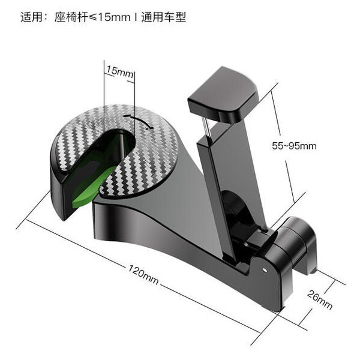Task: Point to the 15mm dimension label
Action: pyautogui.click(x=119, y=71)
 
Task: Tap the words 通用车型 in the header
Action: pyautogui.click(x=164, y=17)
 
